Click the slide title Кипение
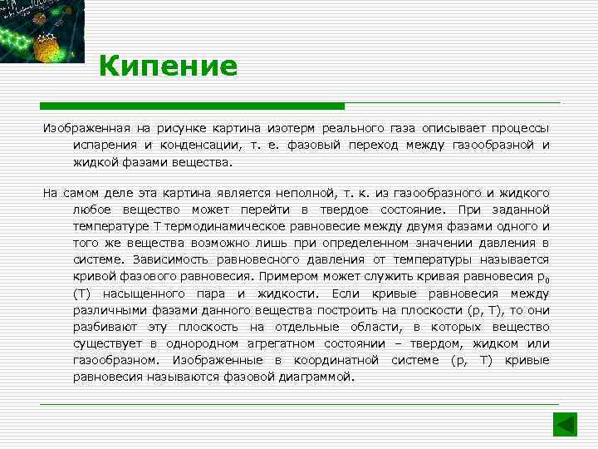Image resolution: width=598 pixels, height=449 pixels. (168, 66)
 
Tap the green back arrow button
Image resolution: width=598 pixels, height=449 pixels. (566, 424)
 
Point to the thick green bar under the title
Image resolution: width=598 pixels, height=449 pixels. (192, 106)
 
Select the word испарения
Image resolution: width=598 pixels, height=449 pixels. (103, 145)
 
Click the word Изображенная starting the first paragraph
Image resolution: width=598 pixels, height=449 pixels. (83, 129)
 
